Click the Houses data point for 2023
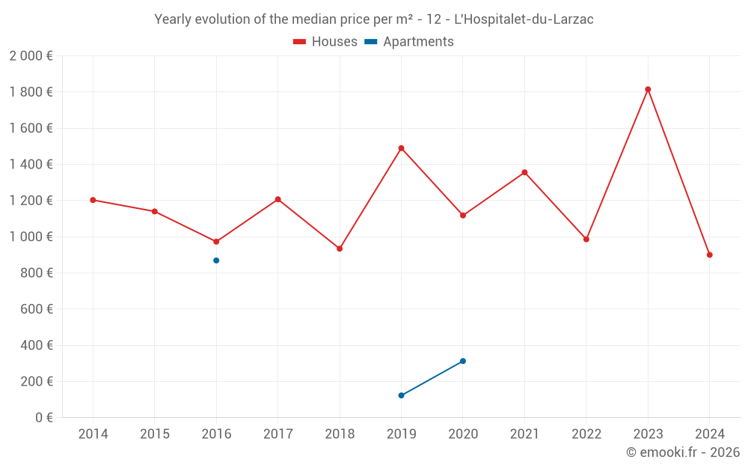click(648, 89)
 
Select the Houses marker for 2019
click(402, 148)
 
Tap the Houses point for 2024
click(710, 255)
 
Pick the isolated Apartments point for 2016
click(216, 261)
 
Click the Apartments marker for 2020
click(463, 361)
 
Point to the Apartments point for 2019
click(402, 395)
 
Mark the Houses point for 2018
click(340, 249)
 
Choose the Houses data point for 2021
click(524, 172)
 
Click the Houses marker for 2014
click(93, 200)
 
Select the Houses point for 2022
click(586, 240)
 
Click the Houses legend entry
click(325, 42)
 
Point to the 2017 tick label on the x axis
click(278, 434)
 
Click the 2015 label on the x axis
click(155, 434)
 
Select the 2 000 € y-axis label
click(31, 56)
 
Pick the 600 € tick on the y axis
click(37, 309)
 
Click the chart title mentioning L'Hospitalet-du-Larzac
click(374, 19)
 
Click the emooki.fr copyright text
click(683, 452)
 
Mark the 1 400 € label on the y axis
click(31, 165)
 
